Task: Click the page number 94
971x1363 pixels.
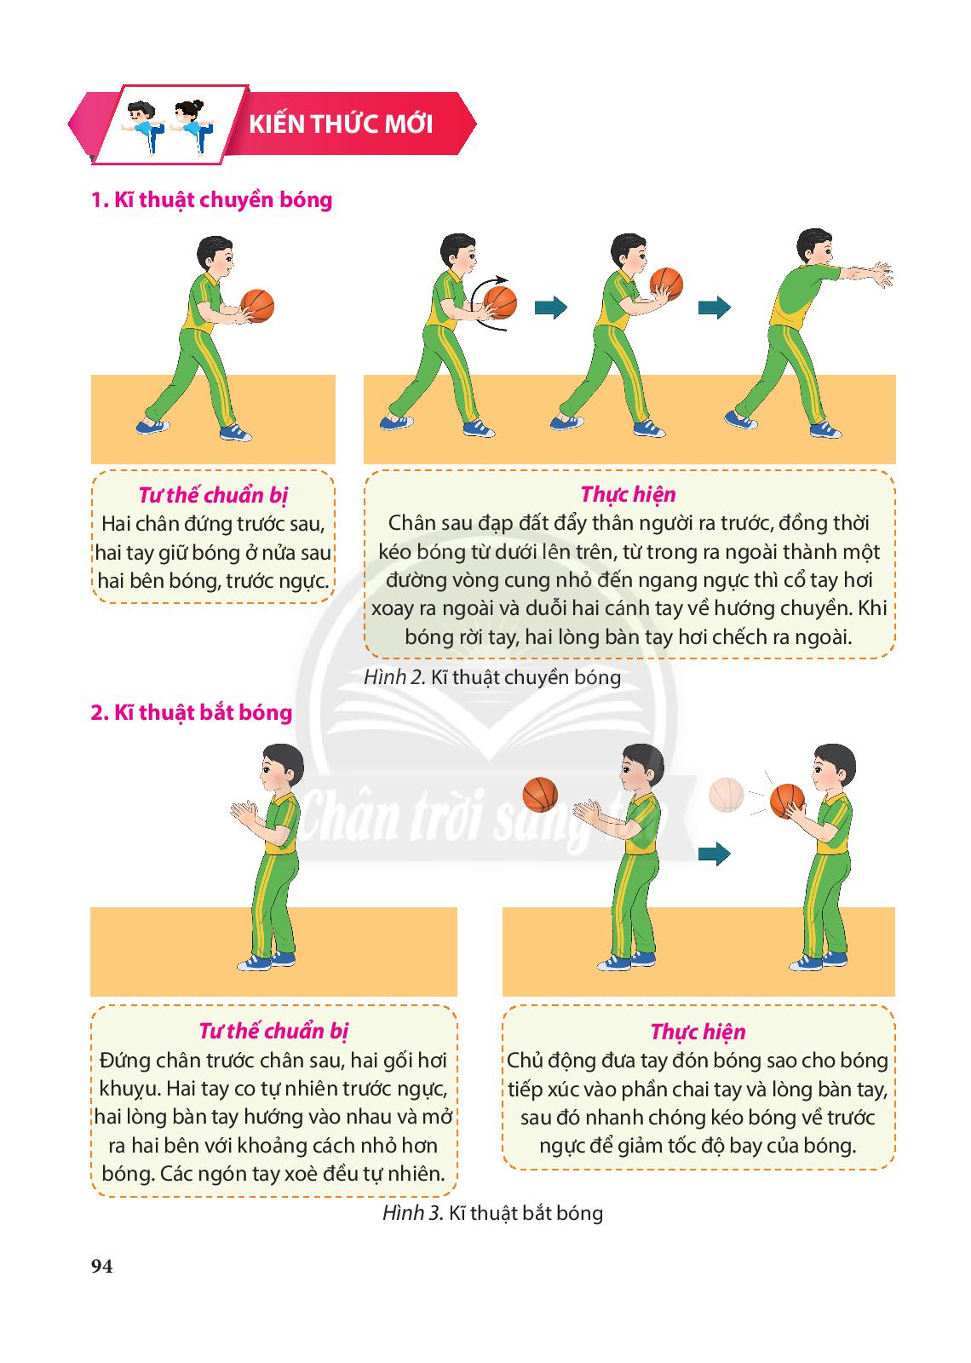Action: pyautogui.click(x=101, y=1266)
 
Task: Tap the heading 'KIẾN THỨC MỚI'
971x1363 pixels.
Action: pyautogui.click(x=341, y=124)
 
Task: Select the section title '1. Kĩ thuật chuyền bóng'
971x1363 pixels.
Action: pyautogui.click(x=212, y=199)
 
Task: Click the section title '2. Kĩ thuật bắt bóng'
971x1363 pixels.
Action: pyautogui.click(x=192, y=712)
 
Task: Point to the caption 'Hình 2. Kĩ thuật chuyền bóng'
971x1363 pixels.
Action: pyautogui.click(x=492, y=677)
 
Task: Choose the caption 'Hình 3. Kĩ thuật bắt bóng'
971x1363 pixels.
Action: pyautogui.click(x=493, y=1213)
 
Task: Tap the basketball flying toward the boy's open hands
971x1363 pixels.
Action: pyautogui.click(x=540, y=795)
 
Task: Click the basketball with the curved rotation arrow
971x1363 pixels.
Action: pyautogui.click(x=501, y=302)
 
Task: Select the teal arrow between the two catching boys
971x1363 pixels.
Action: pyautogui.click(x=715, y=854)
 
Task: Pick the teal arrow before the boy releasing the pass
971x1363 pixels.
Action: pyautogui.click(x=715, y=308)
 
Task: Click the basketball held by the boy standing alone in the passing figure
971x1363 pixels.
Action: pyautogui.click(x=257, y=306)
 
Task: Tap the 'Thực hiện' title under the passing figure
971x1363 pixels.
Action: pyautogui.click(x=629, y=494)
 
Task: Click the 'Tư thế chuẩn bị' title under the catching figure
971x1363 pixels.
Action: pyautogui.click(x=273, y=1031)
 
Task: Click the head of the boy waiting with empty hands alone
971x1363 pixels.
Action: pyautogui.click(x=282, y=768)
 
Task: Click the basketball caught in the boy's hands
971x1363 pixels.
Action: pyautogui.click(x=787, y=802)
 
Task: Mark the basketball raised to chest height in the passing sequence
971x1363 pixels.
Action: pyautogui.click(x=666, y=285)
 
